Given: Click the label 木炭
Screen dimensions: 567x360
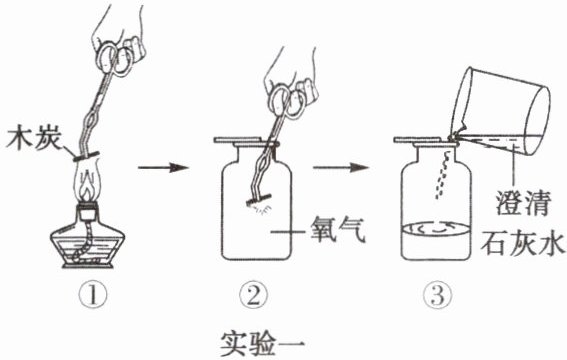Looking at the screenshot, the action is pyautogui.click(x=34, y=138).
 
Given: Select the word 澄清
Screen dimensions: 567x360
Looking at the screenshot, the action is pyautogui.click(x=523, y=202).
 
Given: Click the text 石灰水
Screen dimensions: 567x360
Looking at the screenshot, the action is pyautogui.click(x=523, y=243).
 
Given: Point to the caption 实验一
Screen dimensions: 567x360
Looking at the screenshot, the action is pyautogui.click(x=263, y=343).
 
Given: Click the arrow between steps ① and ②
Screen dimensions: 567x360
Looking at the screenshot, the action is pyautogui.click(x=163, y=167).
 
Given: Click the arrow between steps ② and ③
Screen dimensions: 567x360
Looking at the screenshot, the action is pyautogui.click(x=341, y=167).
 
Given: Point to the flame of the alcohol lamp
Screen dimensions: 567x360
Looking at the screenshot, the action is pyautogui.click(x=87, y=181).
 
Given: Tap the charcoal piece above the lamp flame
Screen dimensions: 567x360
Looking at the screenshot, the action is pyautogui.click(x=86, y=157).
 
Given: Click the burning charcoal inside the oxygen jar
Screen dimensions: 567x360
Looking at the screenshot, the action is pyautogui.click(x=259, y=200).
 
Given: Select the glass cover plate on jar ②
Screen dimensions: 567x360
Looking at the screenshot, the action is pyautogui.click(x=246, y=140).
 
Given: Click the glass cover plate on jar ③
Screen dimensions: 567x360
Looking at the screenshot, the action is pyautogui.click(x=426, y=140).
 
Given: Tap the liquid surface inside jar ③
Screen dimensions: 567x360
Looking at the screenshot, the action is pyautogui.click(x=436, y=229).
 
